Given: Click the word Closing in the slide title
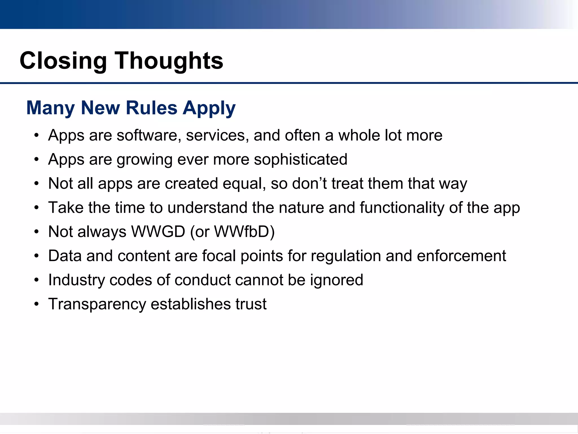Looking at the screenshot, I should pos(63,61).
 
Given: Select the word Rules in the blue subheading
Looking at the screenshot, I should pos(152,108).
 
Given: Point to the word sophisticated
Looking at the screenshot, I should pos(301,160).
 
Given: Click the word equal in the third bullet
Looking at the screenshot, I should pos(244,184).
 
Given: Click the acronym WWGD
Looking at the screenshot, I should pos(158,232).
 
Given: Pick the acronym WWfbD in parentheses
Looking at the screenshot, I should pos(241,232).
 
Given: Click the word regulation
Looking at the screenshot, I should pos(346,256).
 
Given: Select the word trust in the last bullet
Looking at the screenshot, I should pos(251,304).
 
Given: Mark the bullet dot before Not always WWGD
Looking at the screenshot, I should pos(36,232).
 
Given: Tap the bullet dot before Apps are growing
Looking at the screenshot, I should pos(36,160).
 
